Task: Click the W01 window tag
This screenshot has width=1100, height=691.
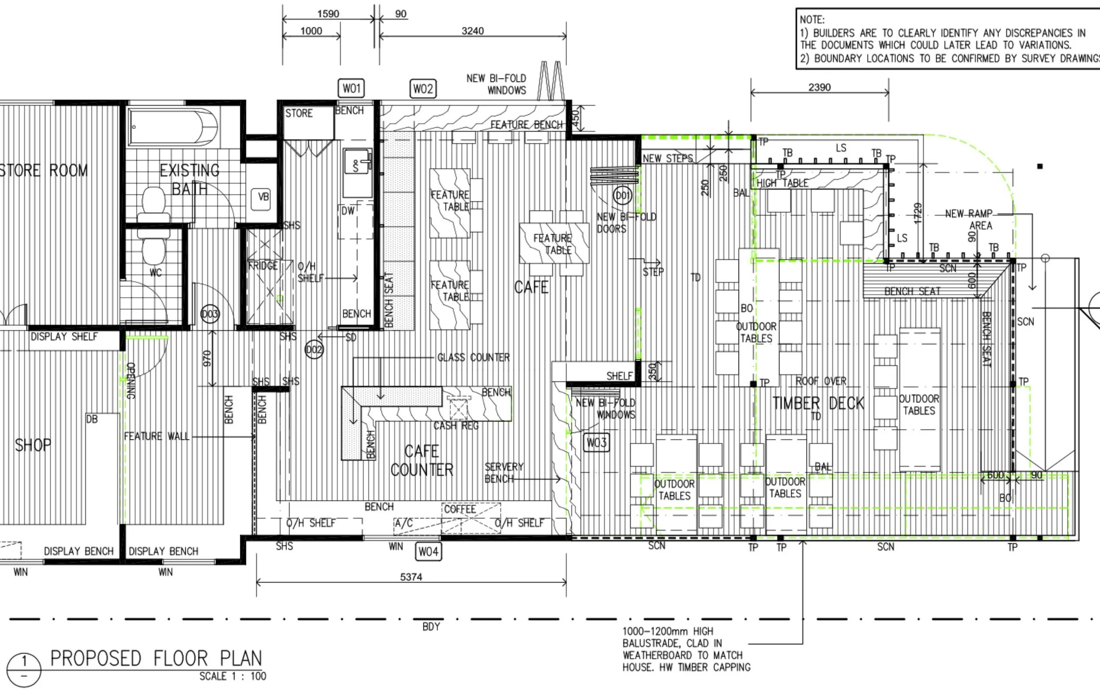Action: tap(351, 88)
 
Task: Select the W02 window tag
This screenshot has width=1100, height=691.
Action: tap(422, 88)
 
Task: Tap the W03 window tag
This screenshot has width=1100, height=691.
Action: tap(597, 442)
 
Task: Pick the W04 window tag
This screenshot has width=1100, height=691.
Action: tap(429, 552)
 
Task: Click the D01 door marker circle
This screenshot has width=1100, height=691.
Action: tap(623, 196)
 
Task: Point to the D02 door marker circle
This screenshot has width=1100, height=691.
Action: tap(314, 350)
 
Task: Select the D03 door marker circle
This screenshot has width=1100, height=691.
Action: tap(210, 314)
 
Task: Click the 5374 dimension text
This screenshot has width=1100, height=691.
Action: tap(411, 577)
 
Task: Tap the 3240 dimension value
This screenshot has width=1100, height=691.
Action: tap(473, 31)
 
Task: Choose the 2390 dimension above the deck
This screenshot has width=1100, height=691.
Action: tap(820, 87)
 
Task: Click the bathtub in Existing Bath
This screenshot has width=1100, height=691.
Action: tap(174, 127)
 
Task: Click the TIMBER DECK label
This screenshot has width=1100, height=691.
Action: tap(818, 403)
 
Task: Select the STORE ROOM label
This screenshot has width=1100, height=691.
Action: tap(44, 171)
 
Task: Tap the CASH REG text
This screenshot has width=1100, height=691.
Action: tap(456, 426)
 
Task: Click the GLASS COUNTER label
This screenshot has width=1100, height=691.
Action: tap(473, 357)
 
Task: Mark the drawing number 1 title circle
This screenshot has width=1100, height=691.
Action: tap(24, 669)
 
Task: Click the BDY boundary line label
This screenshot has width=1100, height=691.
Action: tap(431, 627)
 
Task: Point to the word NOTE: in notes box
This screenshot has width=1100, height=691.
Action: tap(812, 20)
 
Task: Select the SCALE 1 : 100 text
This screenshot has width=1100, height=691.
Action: tap(232, 676)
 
